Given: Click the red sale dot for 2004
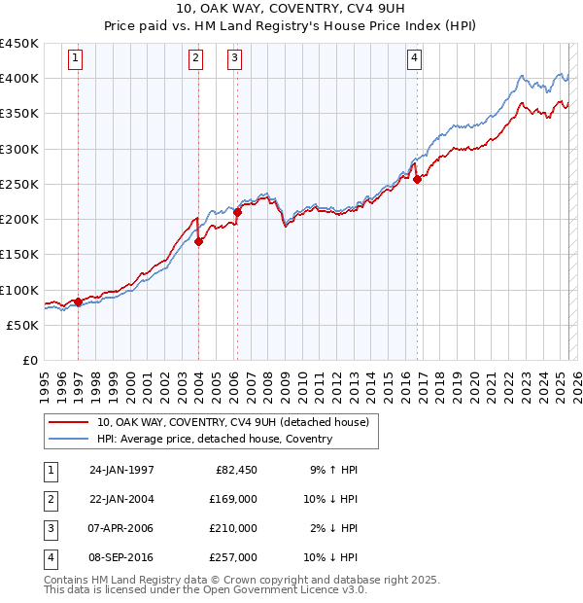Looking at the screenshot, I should (198, 242).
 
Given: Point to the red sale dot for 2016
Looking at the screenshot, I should (417, 180).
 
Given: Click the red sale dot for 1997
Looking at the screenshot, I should (79, 302).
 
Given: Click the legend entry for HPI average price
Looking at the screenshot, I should (214, 440).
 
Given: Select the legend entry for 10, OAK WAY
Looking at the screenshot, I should (232, 423).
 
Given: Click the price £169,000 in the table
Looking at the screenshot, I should (233, 499).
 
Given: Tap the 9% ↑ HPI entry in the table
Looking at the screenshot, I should (333, 470).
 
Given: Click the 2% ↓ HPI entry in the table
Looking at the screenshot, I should (333, 528).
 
